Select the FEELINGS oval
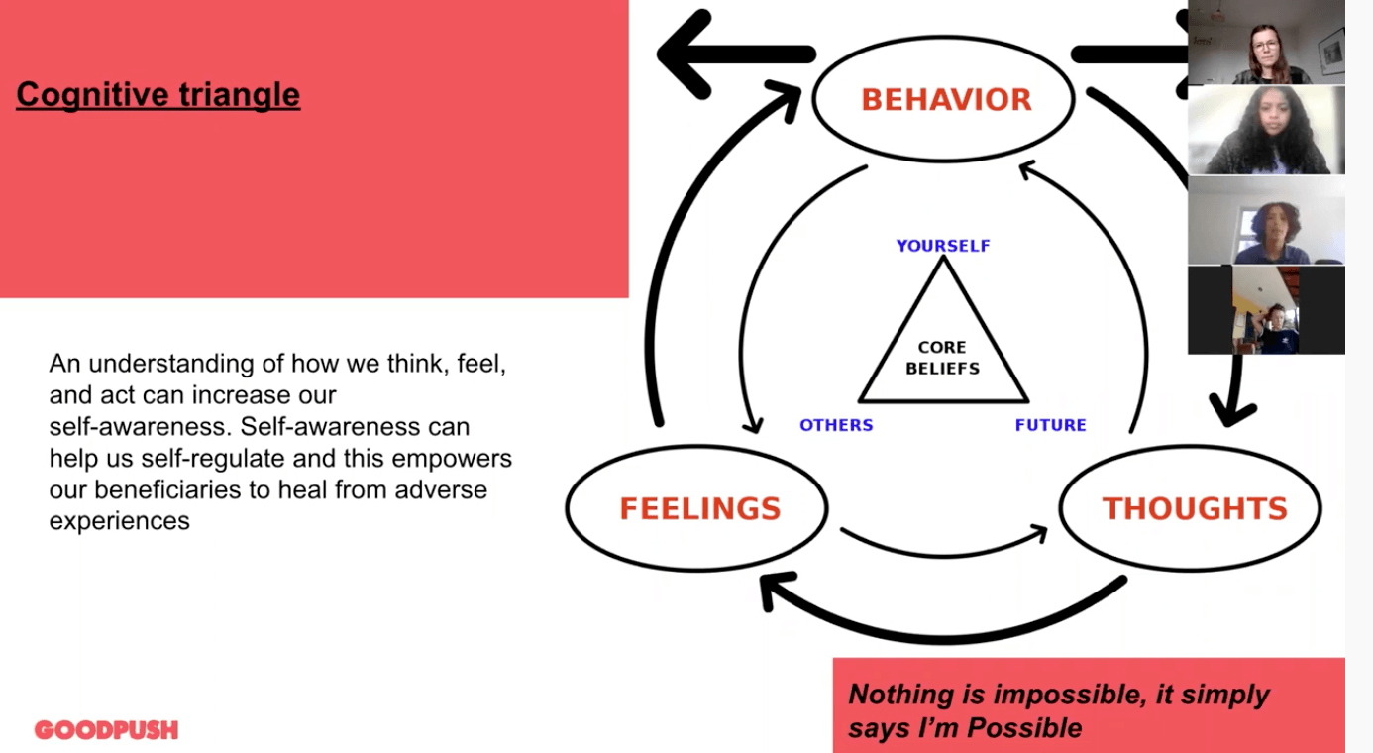click(x=698, y=508)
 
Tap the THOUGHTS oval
click(x=1193, y=508)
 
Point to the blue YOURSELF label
click(x=942, y=246)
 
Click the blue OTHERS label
click(x=836, y=425)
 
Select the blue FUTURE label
click(x=1050, y=425)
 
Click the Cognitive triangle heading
click(x=158, y=95)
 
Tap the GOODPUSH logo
click(x=106, y=730)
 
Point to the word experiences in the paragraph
click(x=119, y=520)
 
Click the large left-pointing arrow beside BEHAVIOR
click(x=733, y=54)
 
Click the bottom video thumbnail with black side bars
click(x=1266, y=310)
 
